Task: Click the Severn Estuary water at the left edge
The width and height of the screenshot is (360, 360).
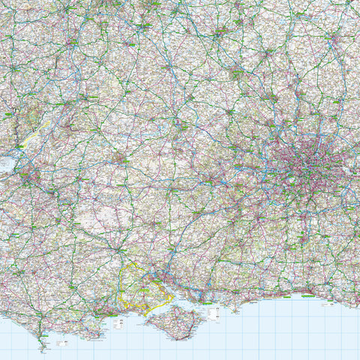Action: click(x=6, y=161)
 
